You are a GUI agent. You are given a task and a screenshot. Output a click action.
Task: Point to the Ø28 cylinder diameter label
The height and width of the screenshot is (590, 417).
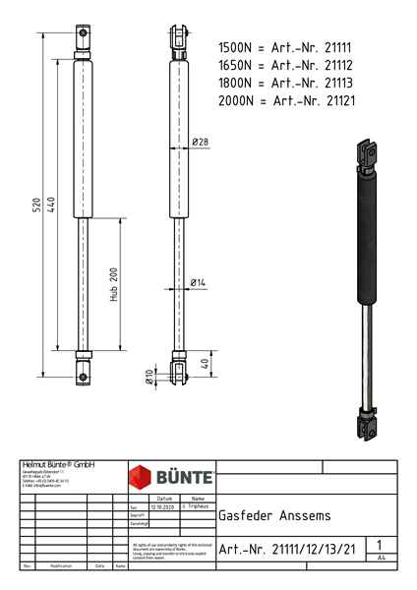(200, 143)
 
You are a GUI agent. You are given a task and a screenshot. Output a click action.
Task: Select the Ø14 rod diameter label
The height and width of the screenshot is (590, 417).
(199, 283)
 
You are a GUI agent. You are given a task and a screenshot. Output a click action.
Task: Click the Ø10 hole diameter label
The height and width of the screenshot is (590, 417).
(149, 376)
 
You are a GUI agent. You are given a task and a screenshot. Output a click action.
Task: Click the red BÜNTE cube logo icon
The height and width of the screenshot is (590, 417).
(142, 479)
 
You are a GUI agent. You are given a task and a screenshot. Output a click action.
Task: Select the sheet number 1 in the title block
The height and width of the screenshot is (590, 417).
(379, 544)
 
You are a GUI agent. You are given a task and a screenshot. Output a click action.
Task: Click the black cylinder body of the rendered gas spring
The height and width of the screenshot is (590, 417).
(365, 236)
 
